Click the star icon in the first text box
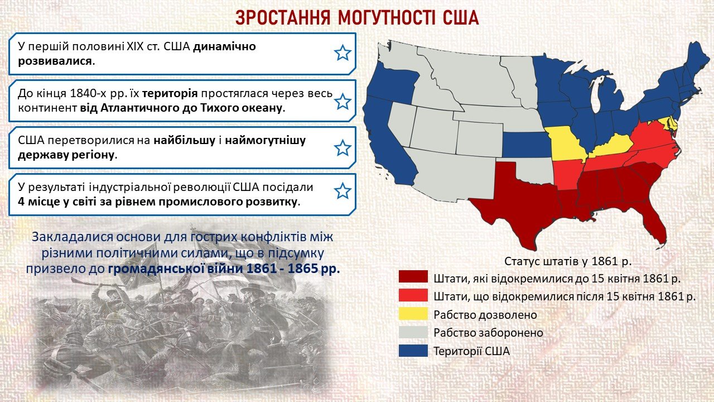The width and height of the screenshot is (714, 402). (342, 53)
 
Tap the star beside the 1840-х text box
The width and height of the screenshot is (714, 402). (342, 102)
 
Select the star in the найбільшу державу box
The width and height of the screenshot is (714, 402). (342, 148)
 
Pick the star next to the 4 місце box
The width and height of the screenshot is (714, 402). (342, 191)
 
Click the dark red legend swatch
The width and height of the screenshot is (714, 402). (413, 276)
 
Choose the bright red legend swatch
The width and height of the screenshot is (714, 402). (413, 295)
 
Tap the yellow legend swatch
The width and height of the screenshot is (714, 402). (413, 314)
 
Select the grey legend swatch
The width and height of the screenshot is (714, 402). (413, 332)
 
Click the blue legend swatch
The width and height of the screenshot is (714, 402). (413, 351)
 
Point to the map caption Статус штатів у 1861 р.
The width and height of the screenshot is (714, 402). (568, 261)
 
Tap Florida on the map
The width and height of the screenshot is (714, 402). (650, 223)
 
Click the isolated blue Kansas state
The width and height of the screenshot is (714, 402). (527, 145)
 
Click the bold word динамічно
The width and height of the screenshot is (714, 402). (225, 46)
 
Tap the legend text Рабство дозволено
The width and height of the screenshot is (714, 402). (485, 314)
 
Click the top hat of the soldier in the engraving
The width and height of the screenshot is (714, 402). (252, 288)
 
